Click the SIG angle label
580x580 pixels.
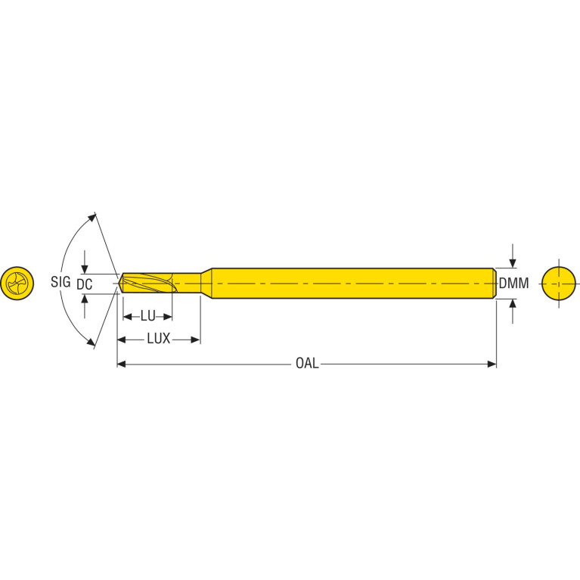pyautogui.click(x=60, y=282)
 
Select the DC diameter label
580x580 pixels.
pyautogui.click(x=85, y=284)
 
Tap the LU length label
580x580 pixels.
pyautogui.click(x=148, y=316)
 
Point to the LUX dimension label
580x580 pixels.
pyautogui.click(x=159, y=339)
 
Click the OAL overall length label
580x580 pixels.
pyautogui.click(x=307, y=363)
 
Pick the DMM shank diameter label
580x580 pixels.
pyautogui.click(x=513, y=284)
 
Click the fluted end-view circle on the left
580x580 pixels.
pyautogui.click(x=17, y=284)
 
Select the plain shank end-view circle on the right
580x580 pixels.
pyautogui.click(x=559, y=284)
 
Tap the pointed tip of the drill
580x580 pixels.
pyautogui.click(x=119, y=284)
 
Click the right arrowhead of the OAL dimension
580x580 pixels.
pyautogui.click(x=492, y=364)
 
